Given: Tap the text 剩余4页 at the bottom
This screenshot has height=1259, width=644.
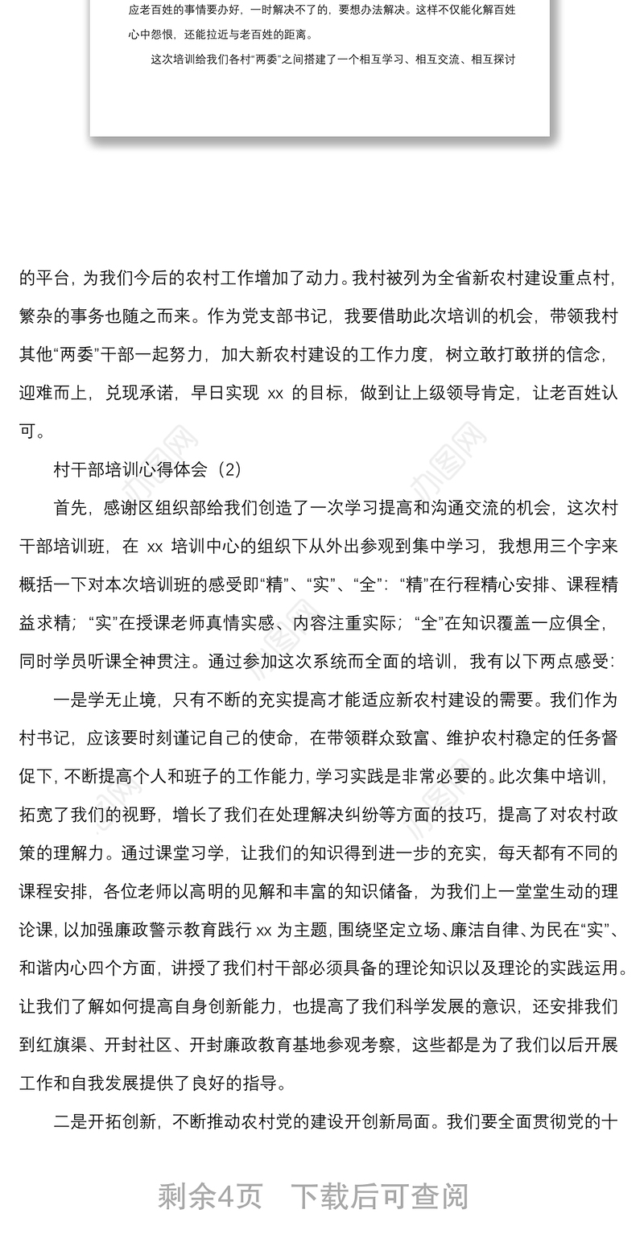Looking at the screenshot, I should pyautogui.click(x=210, y=1196).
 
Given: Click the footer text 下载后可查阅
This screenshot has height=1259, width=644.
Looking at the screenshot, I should pyautogui.click(x=379, y=1196).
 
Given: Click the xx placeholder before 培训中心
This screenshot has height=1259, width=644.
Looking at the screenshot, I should pyautogui.click(x=155, y=547).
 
